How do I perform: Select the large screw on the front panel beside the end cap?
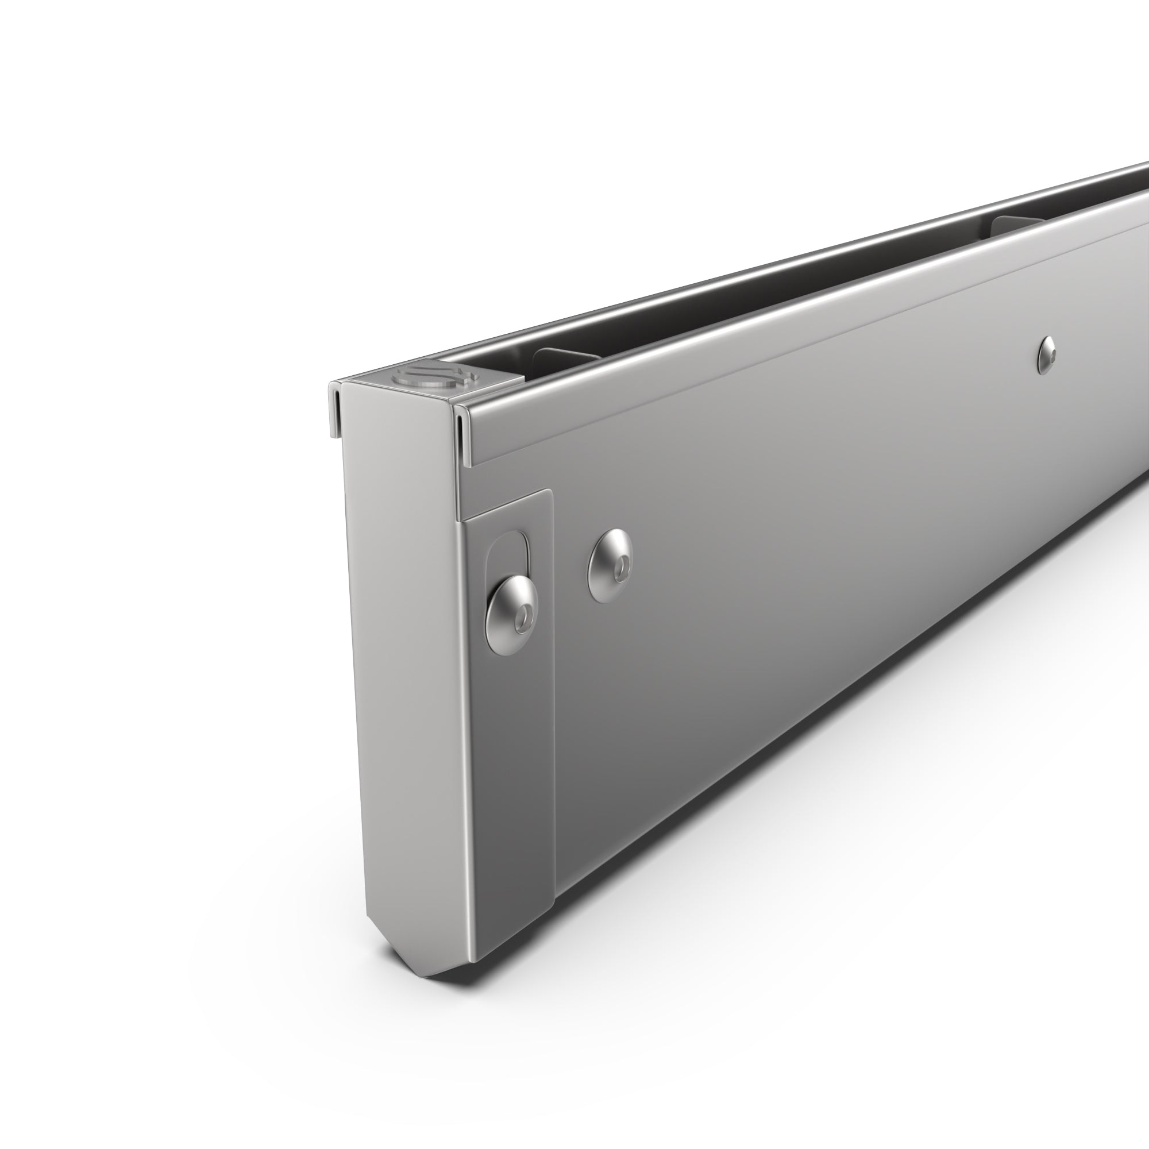(610, 565)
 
